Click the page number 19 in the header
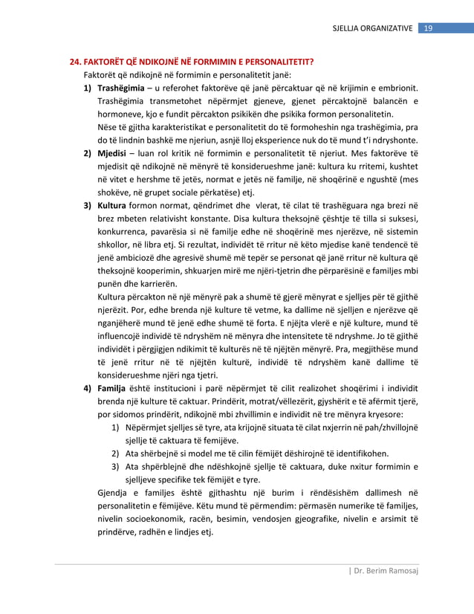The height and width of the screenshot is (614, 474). pos(428,28)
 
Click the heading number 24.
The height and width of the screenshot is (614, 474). pos(75,62)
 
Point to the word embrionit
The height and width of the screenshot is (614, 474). pos(395,88)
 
